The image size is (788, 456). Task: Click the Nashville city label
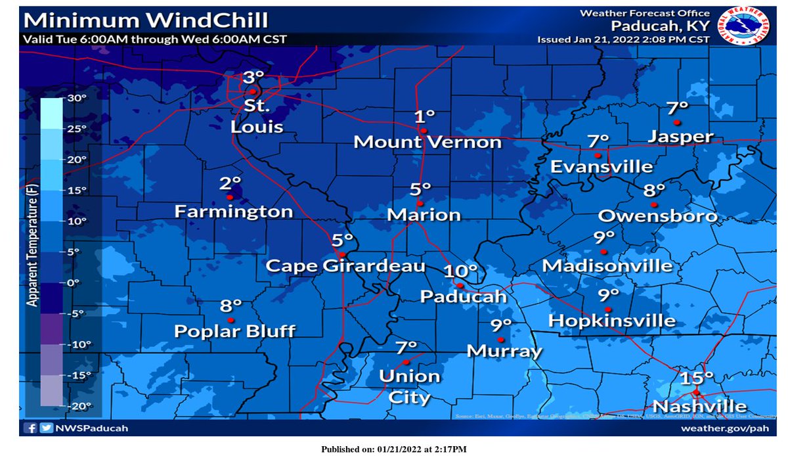pos(699,406)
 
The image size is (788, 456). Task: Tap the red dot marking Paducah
pos(461,285)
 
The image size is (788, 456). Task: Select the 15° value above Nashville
pos(697,378)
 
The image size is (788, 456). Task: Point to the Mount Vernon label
pos(427,142)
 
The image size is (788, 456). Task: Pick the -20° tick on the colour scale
pos(77,406)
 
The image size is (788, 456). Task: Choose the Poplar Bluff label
pos(234,331)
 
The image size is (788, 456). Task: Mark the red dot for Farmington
pos(230,197)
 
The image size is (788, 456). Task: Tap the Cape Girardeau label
pos(345,266)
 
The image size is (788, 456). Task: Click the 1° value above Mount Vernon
pos(425,117)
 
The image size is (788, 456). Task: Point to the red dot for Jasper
pos(676,122)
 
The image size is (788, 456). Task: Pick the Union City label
pos(410,386)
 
